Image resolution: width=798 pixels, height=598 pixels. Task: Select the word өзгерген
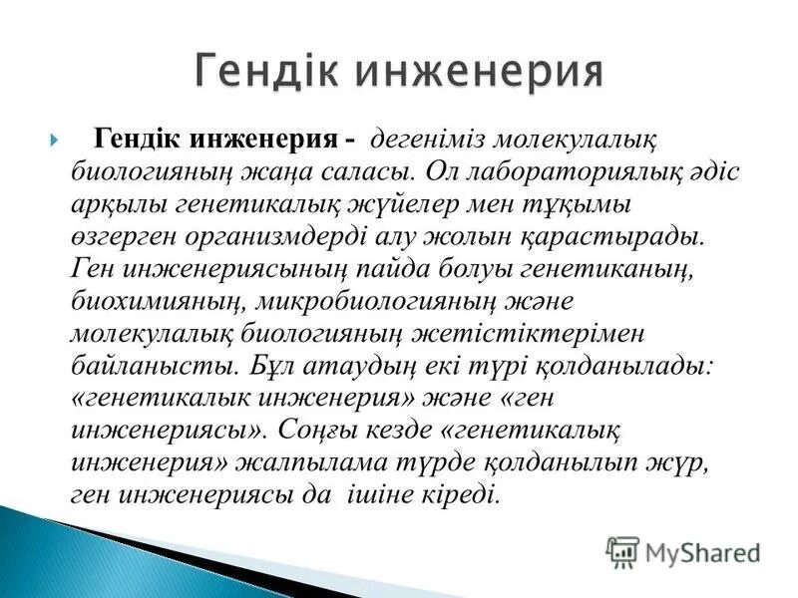[x=121, y=237]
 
